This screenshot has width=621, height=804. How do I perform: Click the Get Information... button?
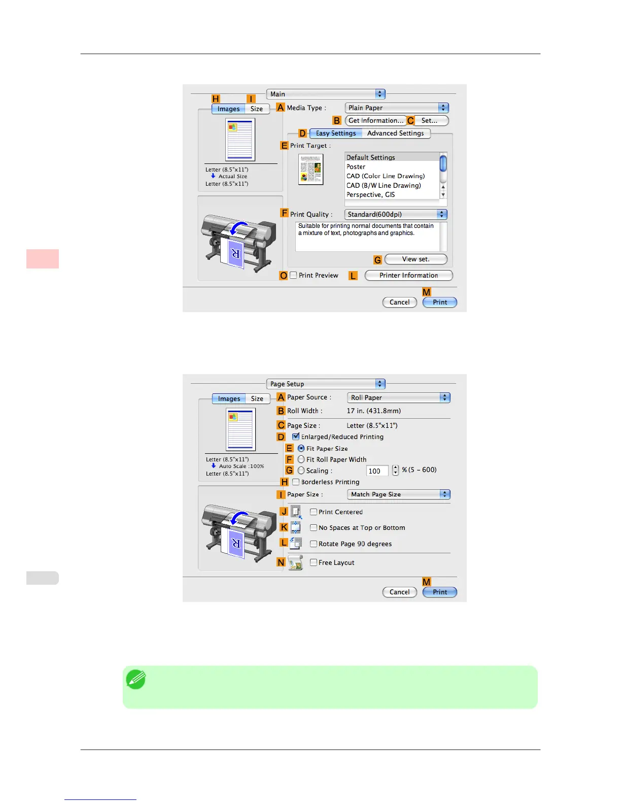375,121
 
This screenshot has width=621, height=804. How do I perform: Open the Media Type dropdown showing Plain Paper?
397,108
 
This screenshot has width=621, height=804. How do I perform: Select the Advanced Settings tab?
395,133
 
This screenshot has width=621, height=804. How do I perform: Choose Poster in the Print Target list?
356,167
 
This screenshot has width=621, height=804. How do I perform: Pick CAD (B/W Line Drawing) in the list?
384,186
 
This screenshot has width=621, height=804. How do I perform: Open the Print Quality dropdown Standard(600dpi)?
396,215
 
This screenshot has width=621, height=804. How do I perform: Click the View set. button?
416,259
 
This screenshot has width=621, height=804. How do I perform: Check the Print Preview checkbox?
293,276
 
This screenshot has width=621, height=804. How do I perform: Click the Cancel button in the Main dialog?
399,303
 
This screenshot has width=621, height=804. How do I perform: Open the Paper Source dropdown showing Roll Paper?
399,398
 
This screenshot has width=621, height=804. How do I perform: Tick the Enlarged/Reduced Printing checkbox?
296,437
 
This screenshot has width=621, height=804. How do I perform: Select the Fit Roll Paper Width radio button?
301,459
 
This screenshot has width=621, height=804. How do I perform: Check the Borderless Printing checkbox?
296,482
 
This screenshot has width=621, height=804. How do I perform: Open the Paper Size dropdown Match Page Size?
399,494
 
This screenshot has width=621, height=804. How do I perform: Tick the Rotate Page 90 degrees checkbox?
314,544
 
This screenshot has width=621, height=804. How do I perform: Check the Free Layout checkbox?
314,562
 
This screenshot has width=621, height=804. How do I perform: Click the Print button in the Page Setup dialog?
440,592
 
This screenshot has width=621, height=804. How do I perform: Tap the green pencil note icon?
136,680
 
